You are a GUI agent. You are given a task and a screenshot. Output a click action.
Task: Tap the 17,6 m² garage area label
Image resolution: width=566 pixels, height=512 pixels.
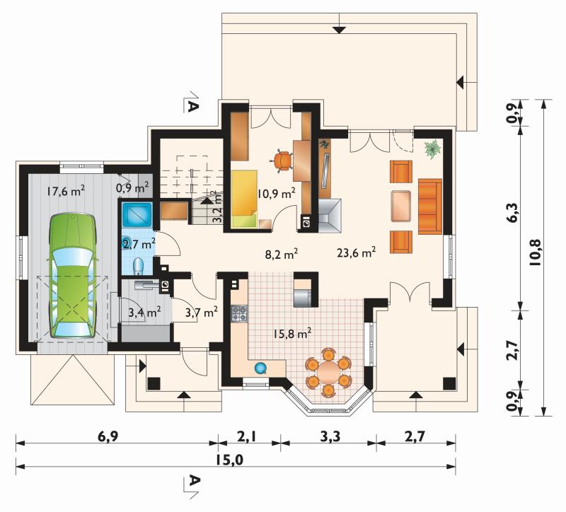point(66,190)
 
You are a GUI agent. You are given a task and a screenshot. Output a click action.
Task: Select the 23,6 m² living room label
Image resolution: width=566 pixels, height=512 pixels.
point(357,252)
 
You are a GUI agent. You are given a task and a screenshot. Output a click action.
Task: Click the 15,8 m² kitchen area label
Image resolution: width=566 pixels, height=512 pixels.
point(292,334)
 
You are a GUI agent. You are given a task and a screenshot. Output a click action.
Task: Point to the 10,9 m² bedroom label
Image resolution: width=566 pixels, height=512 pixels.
point(277,194)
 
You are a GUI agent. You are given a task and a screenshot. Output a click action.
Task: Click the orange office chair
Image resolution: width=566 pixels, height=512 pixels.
point(282,161)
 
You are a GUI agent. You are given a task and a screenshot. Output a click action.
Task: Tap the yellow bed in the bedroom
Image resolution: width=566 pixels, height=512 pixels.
point(244,199)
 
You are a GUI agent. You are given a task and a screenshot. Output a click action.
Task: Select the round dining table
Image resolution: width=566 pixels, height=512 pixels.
point(328,372)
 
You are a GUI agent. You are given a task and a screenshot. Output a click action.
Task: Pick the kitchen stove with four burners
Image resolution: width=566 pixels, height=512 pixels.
point(239,313)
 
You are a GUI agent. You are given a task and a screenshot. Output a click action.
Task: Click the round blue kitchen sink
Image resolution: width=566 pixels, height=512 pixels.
point(260,368)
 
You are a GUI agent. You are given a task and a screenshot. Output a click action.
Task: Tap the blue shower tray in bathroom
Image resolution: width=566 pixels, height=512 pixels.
point(137,215)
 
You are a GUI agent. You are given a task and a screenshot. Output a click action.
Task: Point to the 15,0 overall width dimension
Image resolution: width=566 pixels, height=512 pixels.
point(230,460)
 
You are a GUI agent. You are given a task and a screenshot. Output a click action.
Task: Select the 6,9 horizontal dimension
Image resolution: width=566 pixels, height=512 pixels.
point(108,436)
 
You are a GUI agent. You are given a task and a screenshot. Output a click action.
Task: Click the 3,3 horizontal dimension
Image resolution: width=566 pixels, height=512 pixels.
point(330,436)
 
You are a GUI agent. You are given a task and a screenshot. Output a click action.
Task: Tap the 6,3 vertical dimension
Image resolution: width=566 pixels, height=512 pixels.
point(514,214)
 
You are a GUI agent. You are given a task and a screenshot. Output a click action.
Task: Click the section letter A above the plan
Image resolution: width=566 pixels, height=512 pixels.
point(194,106)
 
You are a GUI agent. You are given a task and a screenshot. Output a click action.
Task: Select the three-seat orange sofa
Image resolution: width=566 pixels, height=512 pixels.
point(430,206)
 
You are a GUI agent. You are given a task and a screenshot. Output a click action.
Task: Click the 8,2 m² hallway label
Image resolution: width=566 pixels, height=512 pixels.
point(282,255)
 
